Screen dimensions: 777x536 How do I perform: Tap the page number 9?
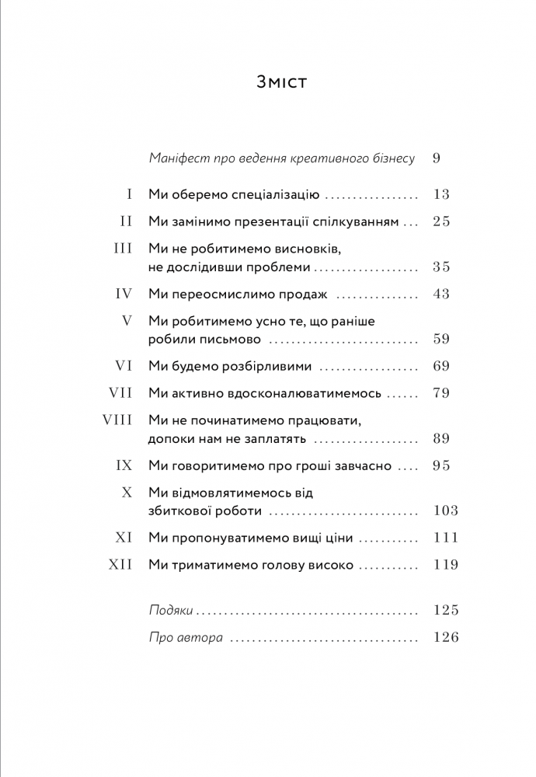click(436, 159)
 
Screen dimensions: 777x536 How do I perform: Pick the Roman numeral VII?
click(123, 393)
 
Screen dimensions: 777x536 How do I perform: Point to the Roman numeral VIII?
click(120, 420)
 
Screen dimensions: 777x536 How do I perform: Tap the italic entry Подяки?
click(170, 610)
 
